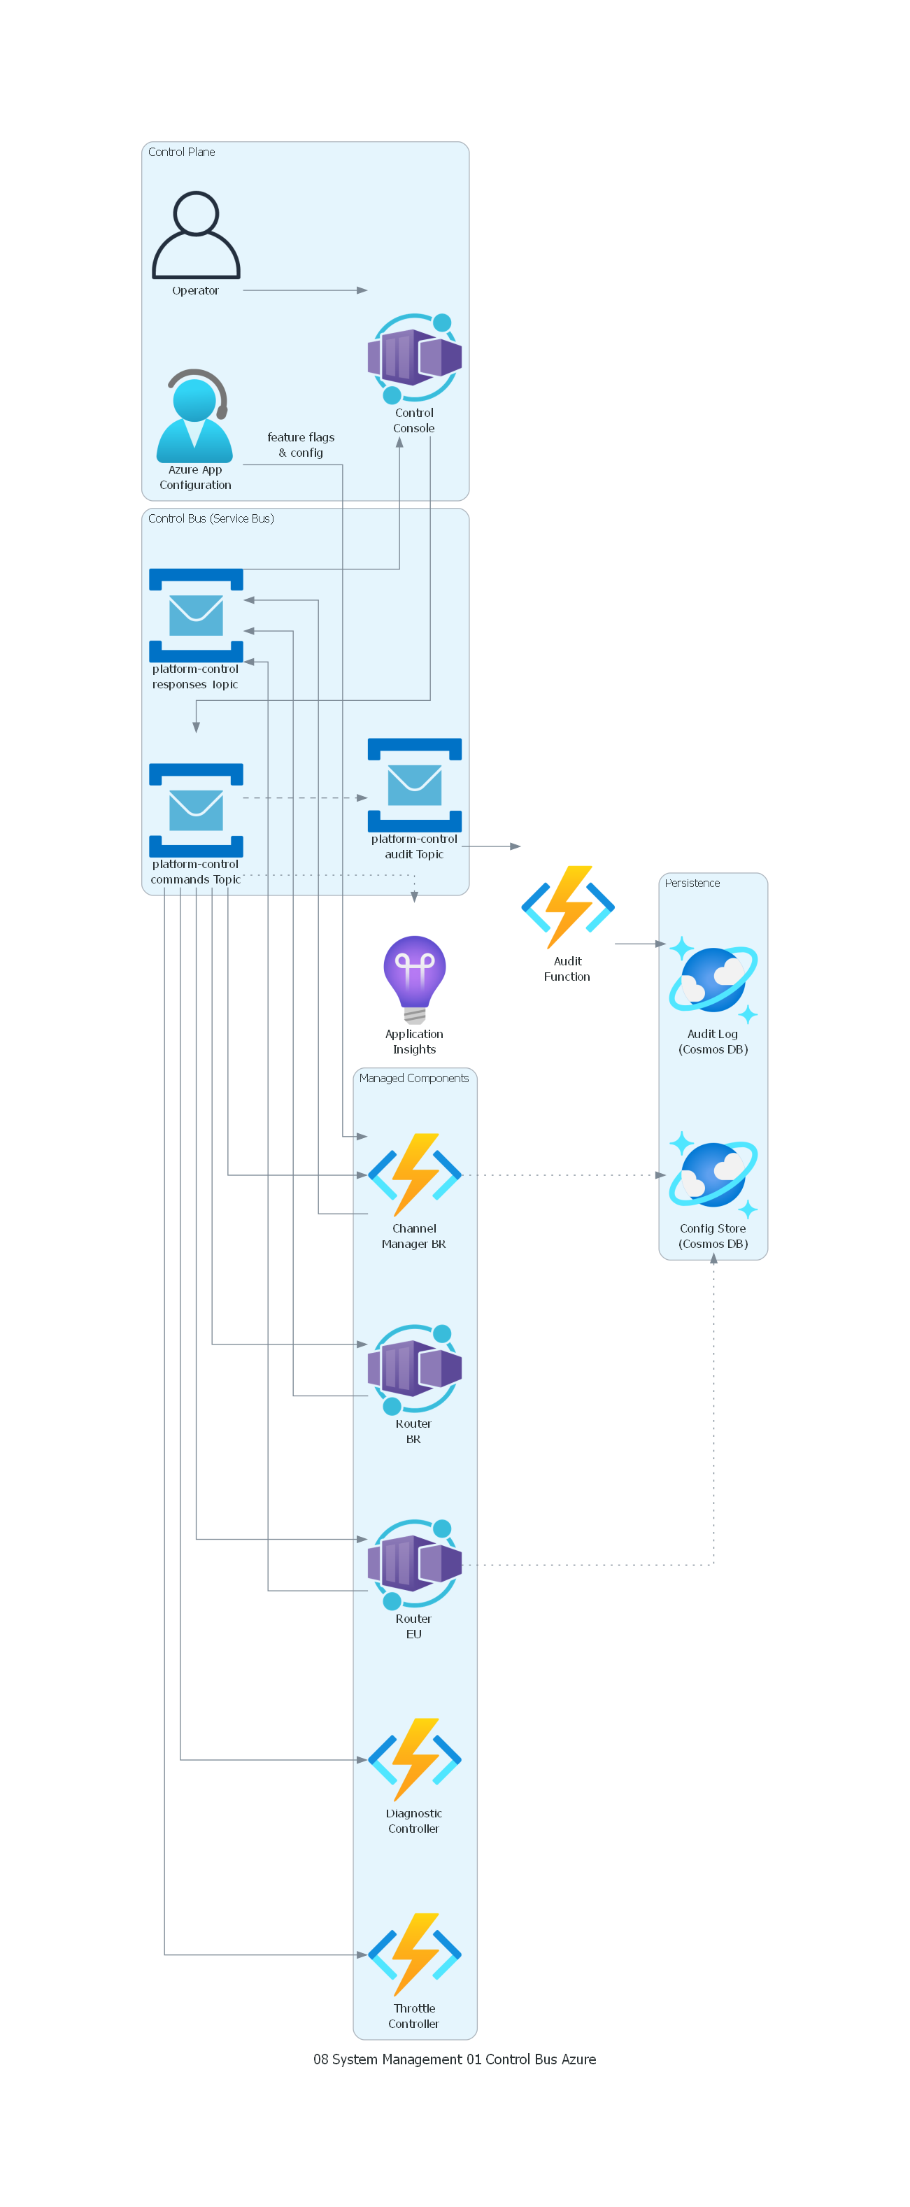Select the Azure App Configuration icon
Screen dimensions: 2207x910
[194, 416]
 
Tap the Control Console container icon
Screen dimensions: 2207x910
[414, 358]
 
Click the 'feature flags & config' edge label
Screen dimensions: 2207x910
[301, 445]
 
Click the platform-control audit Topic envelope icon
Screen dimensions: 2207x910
[414, 785]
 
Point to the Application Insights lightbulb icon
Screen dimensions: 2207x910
[414, 979]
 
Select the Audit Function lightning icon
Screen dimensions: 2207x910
[567, 907]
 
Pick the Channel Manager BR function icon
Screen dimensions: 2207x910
[414, 1174]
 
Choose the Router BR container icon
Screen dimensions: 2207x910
[414, 1368]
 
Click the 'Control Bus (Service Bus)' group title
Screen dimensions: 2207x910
[211, 518]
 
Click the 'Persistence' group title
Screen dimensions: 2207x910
[692, 883]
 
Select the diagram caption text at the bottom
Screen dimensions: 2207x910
[454, 2059]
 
